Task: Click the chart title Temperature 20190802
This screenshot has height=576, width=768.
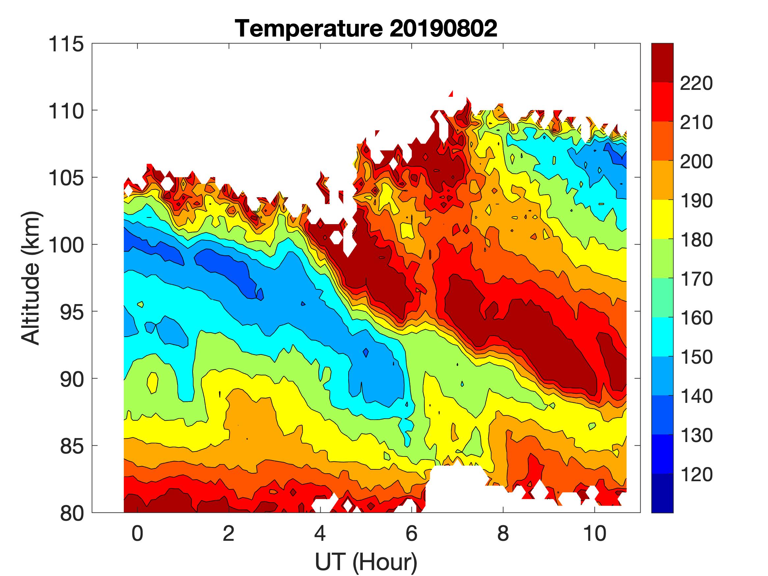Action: [366, 28]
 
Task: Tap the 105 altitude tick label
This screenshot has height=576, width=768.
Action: [66, 178]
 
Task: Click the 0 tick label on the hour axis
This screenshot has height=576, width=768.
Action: [138, 533]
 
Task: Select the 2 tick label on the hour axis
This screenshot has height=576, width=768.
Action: [229, 533]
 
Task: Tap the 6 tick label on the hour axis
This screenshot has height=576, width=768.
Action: [411, 533]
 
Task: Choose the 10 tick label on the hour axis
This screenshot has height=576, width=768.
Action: [595, 533]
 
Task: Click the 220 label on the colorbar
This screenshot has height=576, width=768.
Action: [696, 83]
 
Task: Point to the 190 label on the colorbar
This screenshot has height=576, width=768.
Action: [696, 201]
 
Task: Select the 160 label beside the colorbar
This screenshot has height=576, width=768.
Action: [696, 318]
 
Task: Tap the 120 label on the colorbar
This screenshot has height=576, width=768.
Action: [696, 474]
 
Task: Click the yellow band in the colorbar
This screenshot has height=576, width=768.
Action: [662, 220]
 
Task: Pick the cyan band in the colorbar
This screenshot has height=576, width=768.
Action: [662, 337]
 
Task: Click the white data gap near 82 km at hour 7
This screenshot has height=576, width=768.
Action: [455, 486]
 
